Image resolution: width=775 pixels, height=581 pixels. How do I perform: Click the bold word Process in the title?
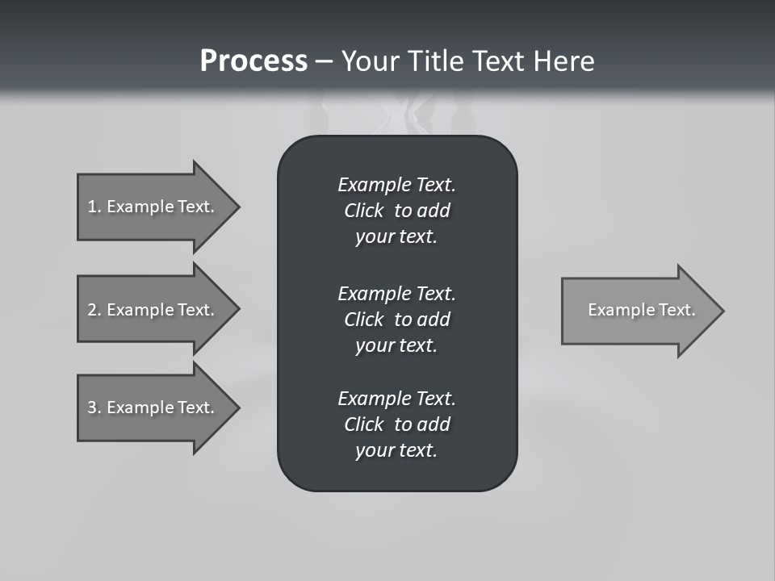253,61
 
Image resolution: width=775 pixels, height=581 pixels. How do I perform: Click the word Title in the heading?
434,61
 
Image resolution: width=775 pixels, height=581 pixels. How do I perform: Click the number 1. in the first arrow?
94,207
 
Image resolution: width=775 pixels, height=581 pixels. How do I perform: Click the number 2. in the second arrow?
94,310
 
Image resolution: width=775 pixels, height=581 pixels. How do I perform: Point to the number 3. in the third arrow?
94,408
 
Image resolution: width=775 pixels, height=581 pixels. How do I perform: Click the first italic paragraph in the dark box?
396,211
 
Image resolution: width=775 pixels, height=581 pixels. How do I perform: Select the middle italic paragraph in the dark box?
396,319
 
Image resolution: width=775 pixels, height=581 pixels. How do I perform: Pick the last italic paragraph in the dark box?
396,424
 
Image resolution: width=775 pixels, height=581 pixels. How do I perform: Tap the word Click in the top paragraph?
363,211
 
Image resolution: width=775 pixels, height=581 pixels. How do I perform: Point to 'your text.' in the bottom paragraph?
396,450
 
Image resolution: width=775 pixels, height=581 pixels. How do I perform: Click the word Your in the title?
371,61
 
